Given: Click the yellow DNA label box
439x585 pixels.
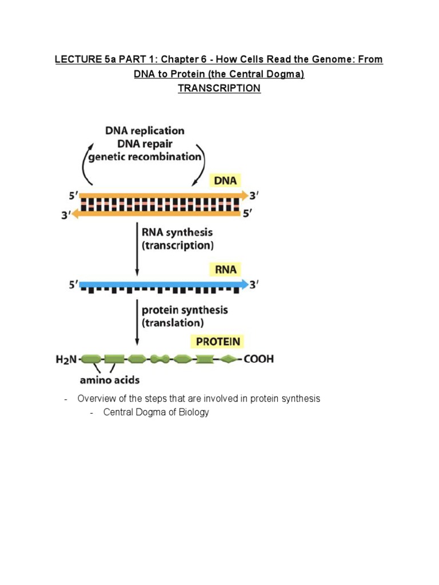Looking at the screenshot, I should click(226, 181).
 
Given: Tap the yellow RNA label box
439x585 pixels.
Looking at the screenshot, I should click(226, 269).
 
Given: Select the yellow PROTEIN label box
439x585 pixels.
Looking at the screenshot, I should click(219, 342).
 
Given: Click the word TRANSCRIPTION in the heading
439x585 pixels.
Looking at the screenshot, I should click(219, 89).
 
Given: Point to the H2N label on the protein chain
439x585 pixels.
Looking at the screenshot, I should click(67, 359).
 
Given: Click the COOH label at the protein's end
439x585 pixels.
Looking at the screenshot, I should click(258, 359).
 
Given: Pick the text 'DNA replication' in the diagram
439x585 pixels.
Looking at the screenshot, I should click(145, 131).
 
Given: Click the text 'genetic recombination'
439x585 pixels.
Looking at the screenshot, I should click(145, 157).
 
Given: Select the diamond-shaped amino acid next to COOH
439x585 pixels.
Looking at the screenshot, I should click(228, 359).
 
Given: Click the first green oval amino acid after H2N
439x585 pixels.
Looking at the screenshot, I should click(91, 359).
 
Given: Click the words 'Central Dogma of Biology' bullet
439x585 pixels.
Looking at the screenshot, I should click(156, 412).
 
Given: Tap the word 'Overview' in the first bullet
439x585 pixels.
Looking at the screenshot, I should click(95, 399).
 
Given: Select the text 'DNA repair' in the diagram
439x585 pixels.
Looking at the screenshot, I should click(145, 144).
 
